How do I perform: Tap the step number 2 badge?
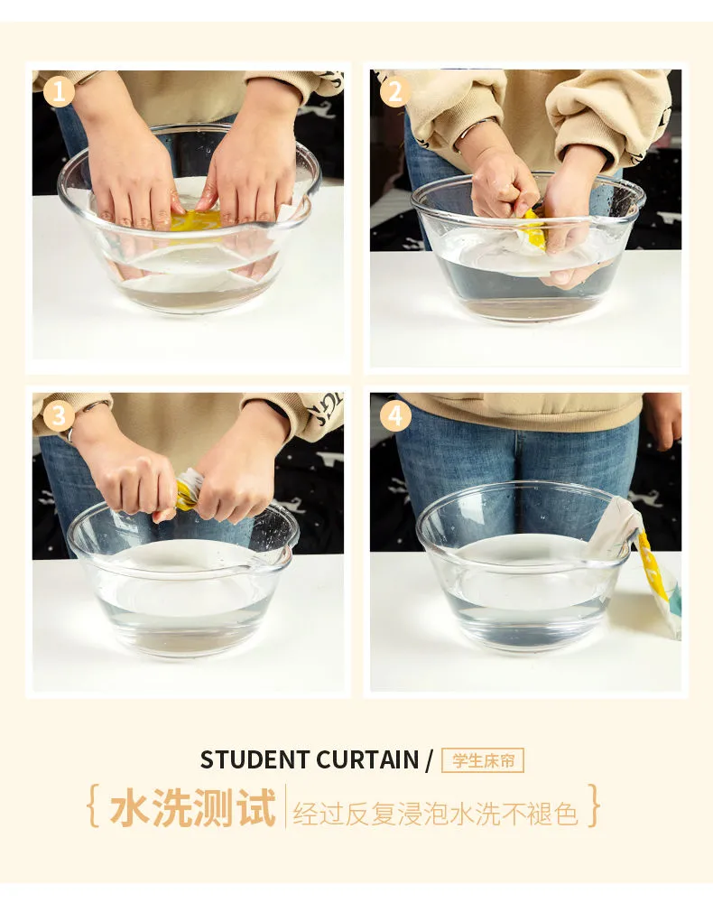point(396,91)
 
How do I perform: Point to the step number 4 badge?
point(396,415)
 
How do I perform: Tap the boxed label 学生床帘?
point(483,760)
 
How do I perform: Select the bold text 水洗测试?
point(193,806)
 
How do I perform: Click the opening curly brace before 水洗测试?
point(92,806)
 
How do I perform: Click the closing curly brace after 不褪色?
point(594,806)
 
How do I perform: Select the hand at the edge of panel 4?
point(663,421)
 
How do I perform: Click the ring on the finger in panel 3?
point(69,434)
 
